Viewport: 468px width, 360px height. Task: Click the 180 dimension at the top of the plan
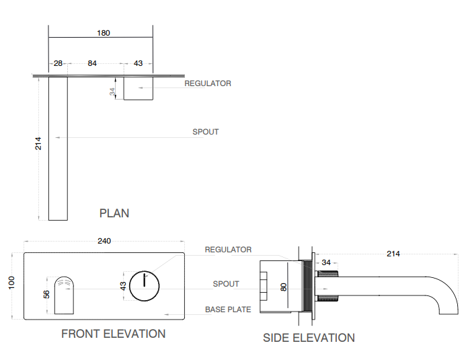tap(104, 32)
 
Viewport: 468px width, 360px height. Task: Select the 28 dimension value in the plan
tap(58, 63)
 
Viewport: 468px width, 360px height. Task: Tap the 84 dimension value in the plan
tap(92, 63)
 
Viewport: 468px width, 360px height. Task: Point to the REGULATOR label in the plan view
tap(208, 83)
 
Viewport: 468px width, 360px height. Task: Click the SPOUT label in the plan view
tap(205, 132)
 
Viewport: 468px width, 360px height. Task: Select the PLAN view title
tap(114, 213)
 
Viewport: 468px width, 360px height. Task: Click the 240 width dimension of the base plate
tap(104, 241)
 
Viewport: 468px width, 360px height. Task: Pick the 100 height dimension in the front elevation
tap(11, 283)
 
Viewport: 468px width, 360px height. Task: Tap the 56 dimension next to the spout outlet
tap(46, 295)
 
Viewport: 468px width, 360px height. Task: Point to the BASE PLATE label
tap(228, 310)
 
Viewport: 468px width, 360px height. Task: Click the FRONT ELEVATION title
tap(113, 334)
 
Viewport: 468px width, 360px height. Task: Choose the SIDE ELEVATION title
tap(309, 338)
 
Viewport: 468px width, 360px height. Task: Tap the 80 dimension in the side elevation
tap(284, 286)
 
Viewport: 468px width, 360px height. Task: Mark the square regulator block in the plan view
tap(139, 88)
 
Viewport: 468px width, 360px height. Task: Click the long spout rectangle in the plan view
tap(58, 148)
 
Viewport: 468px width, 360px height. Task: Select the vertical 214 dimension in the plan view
tap(38, 143)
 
